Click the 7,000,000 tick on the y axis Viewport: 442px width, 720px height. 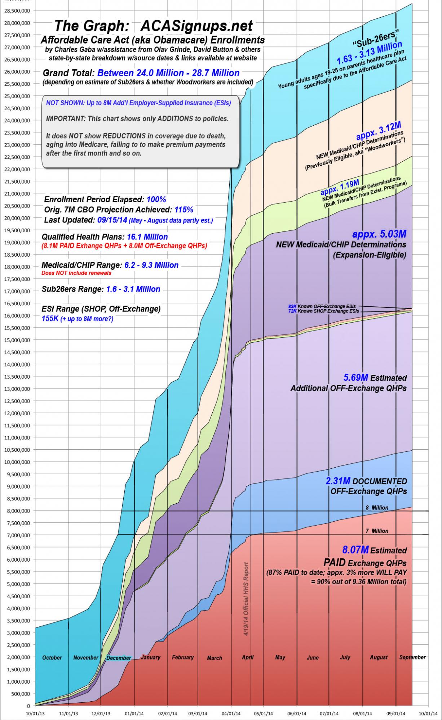tap(17, 535)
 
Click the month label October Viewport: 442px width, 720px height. tap(52, 658)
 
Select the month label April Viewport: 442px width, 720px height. tap(248, 657)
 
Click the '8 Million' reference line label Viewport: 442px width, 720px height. tap(377, 508)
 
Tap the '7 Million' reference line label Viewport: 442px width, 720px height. tap(377, 531)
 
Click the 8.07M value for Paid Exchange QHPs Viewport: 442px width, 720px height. tap(355, 550)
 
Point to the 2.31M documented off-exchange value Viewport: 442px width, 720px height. tap(338, 481)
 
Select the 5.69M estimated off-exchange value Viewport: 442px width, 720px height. tap(355, 378)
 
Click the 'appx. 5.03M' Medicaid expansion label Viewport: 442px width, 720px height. tap(379, 234)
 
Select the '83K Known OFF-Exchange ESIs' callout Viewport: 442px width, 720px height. tap(322, 306)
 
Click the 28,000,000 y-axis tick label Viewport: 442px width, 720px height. tap(17, 23)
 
